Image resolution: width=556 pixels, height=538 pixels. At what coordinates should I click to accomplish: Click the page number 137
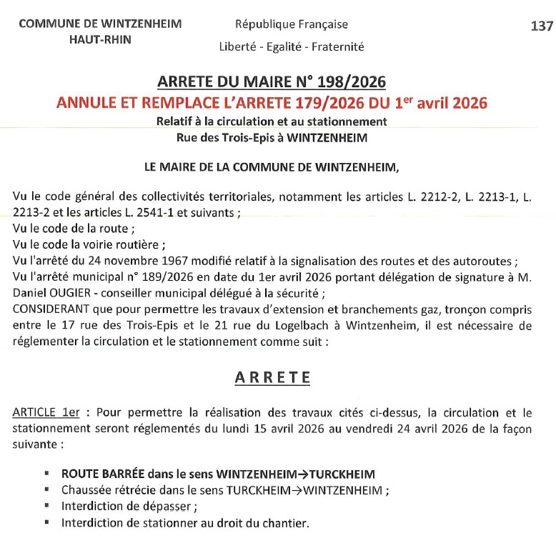click(542, 26)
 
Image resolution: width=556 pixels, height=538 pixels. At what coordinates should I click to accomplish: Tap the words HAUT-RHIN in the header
click(100, 39)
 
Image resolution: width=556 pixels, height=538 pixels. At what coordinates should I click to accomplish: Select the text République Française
click(292, 24)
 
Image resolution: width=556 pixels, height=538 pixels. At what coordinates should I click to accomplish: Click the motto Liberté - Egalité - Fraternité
click(292, 47)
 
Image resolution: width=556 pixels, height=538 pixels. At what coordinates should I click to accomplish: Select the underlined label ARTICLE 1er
click(46, 412)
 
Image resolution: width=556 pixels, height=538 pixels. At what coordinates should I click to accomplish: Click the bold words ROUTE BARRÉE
click(102, 474)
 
